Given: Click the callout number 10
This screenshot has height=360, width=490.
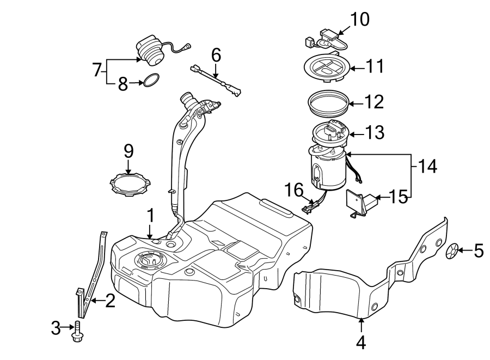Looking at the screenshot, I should [x=359, y=20].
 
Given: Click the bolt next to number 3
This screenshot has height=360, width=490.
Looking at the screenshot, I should [x=77, y=330].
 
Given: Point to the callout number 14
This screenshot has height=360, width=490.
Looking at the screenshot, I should [x=428, y=166].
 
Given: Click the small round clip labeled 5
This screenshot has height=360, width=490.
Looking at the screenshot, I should [x=451, y=251].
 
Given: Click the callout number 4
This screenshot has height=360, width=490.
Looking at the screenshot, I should [x=362, y=343].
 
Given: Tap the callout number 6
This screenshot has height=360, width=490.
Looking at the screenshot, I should [x=216, y=54].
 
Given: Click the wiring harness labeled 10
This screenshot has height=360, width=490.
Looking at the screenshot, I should [x=324, y=39].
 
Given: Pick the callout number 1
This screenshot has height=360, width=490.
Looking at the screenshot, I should [x=151, y=215].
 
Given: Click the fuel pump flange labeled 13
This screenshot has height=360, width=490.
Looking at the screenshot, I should [x=330, y=133].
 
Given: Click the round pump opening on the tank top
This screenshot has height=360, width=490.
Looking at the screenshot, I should [x=147, y=261].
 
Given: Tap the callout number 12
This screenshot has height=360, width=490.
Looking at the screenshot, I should [x=375, y=101].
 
